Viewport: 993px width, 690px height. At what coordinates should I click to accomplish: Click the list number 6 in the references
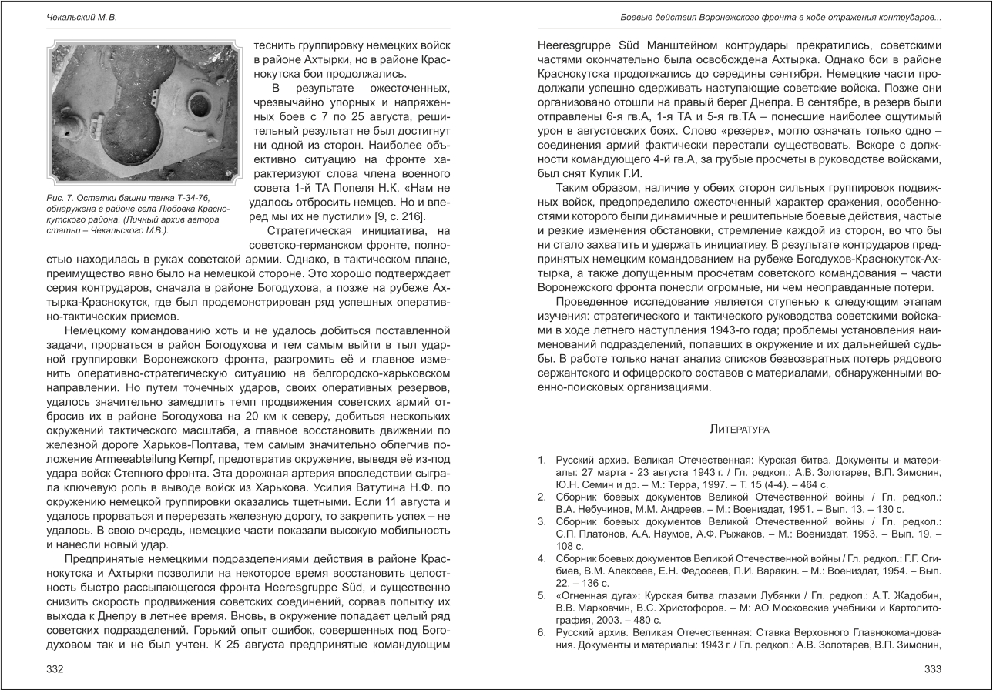542,633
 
